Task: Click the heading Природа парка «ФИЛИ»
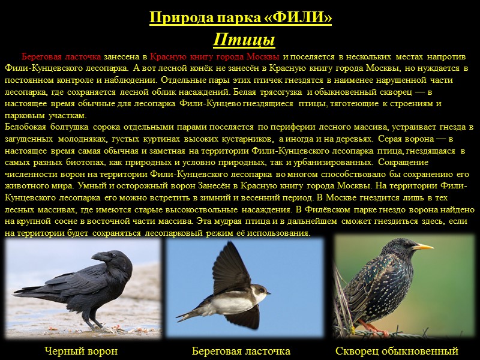click(x=240, y=18)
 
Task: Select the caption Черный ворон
click(x=81, y=351)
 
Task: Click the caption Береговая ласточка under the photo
click(x=241, y=351)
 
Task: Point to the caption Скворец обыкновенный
click(x=397, y=351)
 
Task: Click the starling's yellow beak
click(x=423, y=247)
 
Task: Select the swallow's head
click(x=259, y=292)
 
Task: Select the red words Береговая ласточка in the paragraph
click(x=61, y=56)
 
